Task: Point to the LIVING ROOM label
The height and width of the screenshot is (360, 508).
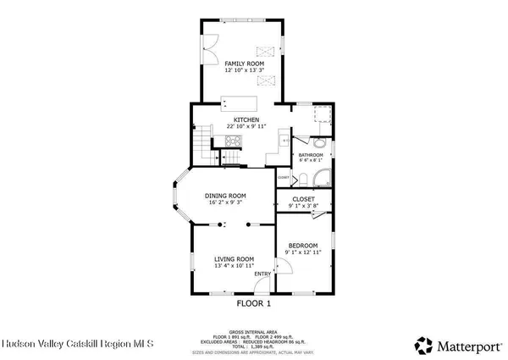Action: [x=234, y=258]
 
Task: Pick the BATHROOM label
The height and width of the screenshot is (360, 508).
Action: [x=310, y=156]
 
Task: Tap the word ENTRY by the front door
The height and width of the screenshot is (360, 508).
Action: [x=262, y=273]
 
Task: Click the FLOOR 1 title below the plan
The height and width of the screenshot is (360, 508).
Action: [x=252, y=302]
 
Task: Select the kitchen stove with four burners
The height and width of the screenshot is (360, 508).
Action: [x=232, y=141]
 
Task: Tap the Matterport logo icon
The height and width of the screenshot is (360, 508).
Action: [x=422, y=345]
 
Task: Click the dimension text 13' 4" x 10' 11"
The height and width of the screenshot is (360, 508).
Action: [x=234, y=266]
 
